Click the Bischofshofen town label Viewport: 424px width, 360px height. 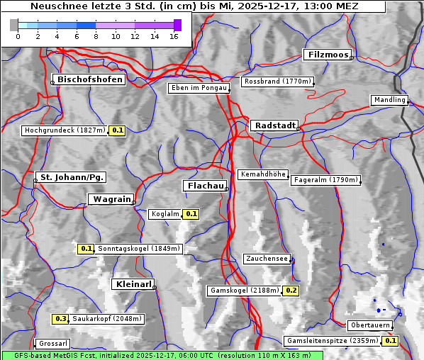coord(91,79)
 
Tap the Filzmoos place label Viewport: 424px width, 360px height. coord(327,55)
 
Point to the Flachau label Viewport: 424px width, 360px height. coord(205,186)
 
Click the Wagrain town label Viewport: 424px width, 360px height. coord(110,199)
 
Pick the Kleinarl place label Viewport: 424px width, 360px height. coord(133,284)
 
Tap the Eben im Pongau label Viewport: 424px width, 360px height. coord(199,88)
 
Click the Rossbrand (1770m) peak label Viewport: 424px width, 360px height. coord(277,81)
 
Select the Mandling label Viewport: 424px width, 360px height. coord(389,100)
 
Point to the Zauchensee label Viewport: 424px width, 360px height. coord(267,259)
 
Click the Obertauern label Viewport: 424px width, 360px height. coord(369,325)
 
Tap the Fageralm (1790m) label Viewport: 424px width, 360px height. coord(325,180)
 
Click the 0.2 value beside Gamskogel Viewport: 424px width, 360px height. coord(291,291)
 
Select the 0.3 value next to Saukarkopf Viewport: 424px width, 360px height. coord(61,319)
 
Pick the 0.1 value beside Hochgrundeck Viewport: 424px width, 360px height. coord(118,130)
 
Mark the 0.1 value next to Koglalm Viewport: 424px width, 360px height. coord(191,213)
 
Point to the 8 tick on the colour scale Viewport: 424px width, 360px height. coord(96,35)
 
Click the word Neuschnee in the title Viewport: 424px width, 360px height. coord(53,6)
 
